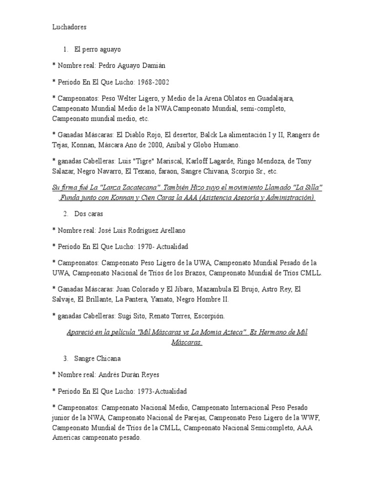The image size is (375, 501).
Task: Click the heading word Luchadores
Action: (x=69, y=27)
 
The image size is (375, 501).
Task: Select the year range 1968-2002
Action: (x=153, y=82)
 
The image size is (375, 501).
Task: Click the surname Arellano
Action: (x=168, y=230)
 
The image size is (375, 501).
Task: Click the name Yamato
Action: (x=163, y=299)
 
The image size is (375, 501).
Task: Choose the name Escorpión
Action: (x=208, y=316)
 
